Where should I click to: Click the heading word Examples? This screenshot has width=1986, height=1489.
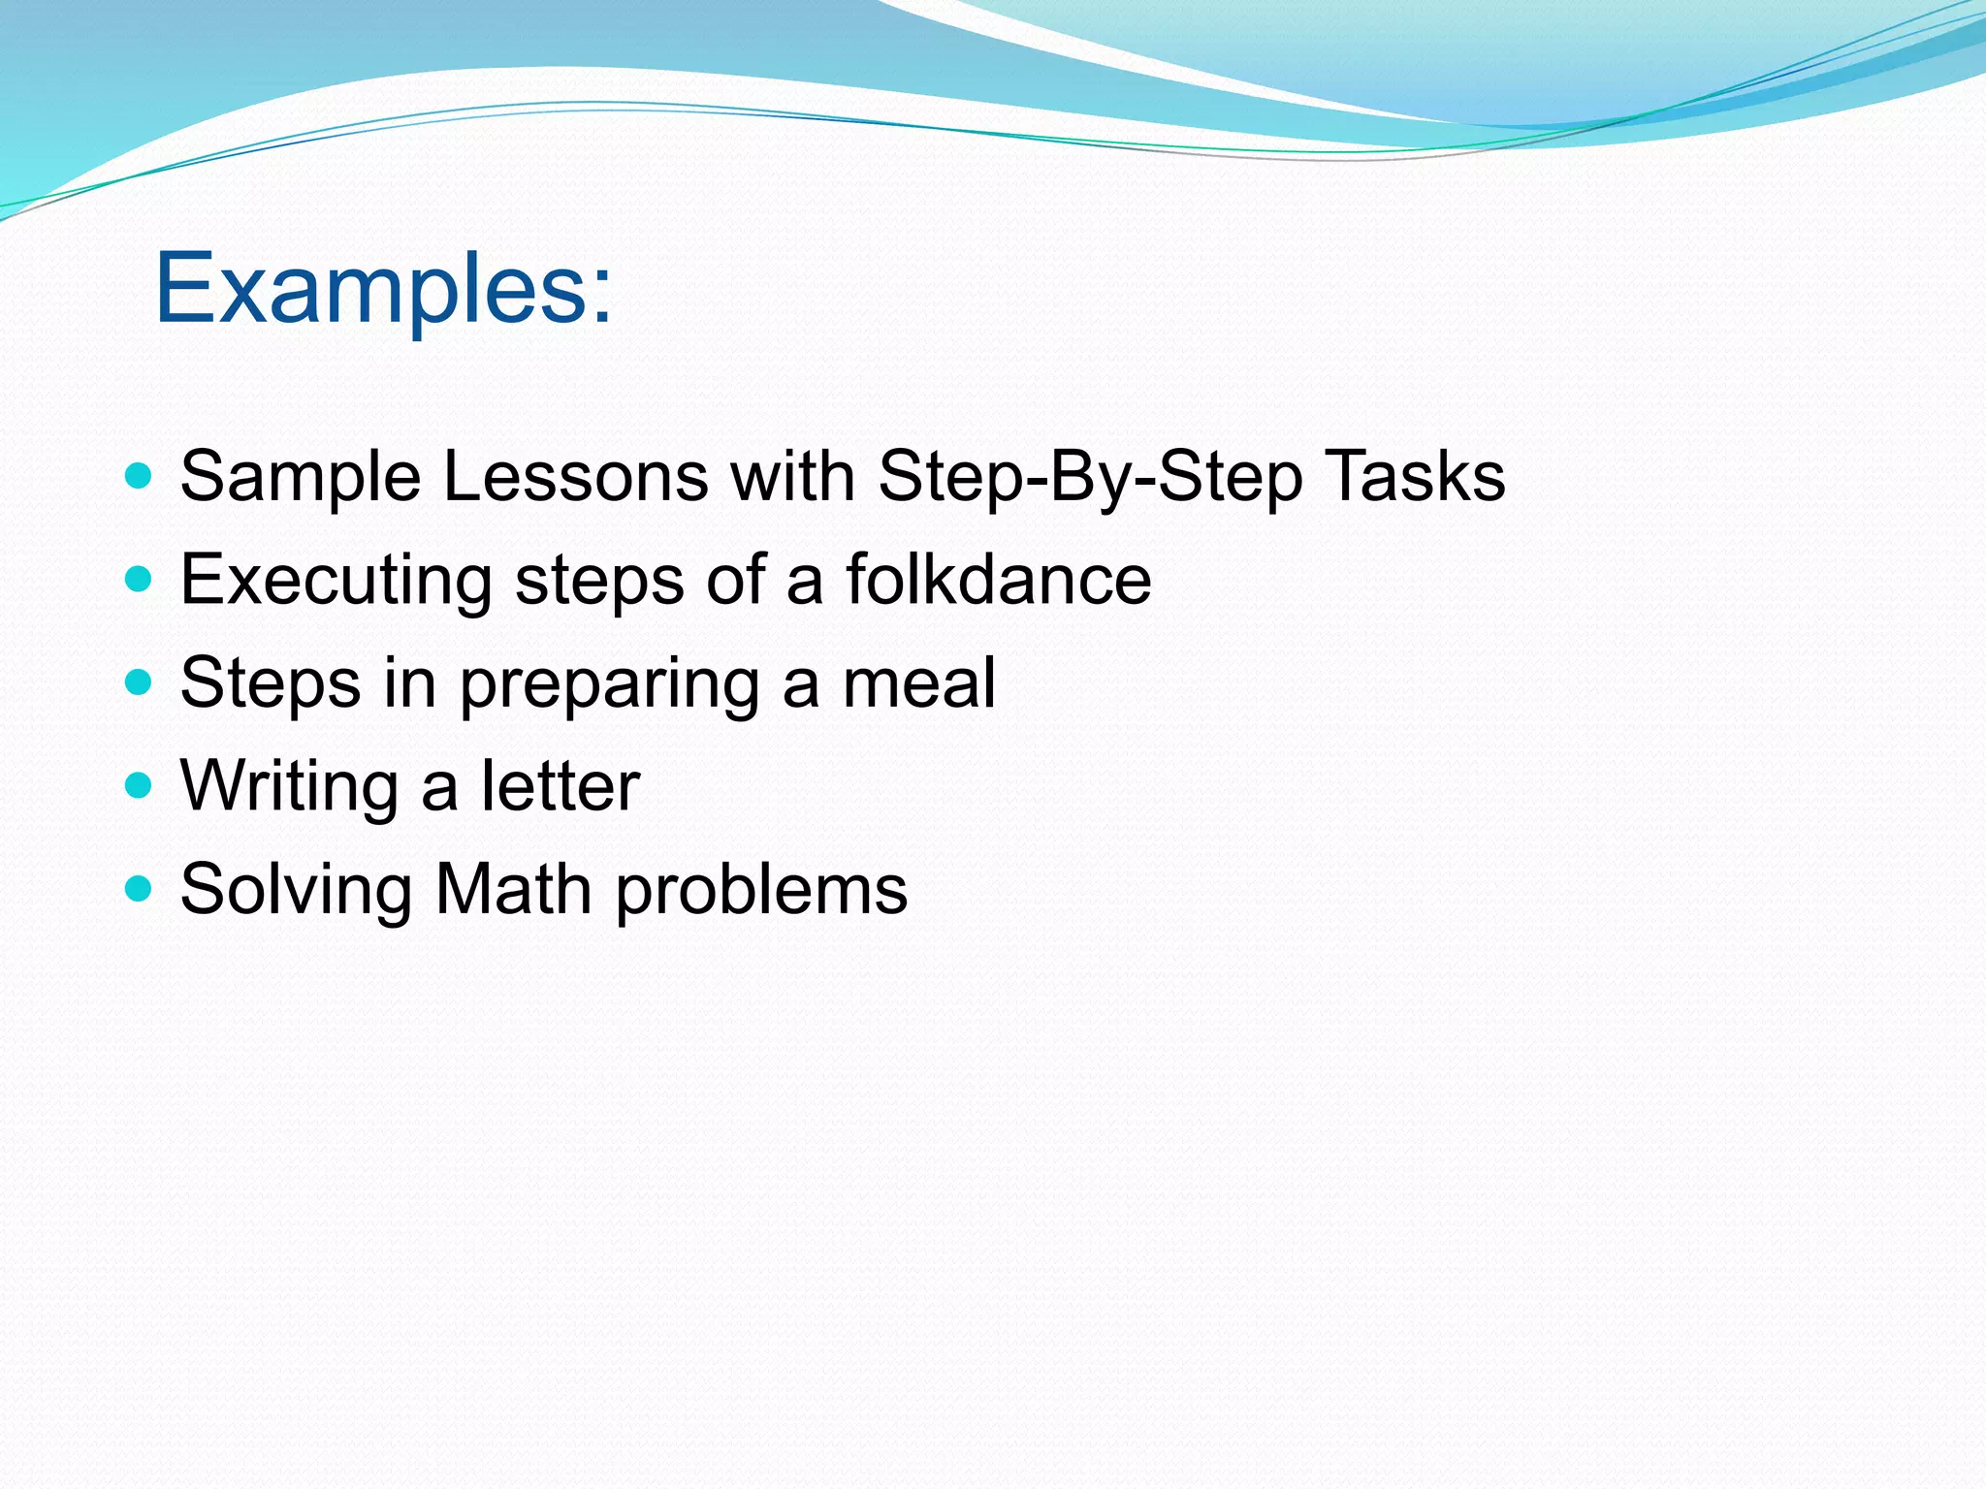point(383,288)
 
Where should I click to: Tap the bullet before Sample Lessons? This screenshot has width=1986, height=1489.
point(140,476)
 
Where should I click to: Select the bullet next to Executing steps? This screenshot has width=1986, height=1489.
point(140,580)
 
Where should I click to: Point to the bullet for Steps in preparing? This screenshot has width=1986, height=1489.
point(140,682)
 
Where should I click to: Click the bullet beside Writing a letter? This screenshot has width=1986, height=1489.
point(140,784)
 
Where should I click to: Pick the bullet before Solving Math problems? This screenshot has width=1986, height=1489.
point(140,888)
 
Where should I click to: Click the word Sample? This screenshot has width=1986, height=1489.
point(300,478)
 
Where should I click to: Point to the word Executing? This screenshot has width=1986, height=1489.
point(336,582)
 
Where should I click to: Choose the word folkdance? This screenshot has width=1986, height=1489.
point(998,580)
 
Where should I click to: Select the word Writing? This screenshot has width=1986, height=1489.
point(289,787)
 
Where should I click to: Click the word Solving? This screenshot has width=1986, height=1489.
point(296,891)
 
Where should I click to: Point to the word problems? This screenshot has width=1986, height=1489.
point(761,891)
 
